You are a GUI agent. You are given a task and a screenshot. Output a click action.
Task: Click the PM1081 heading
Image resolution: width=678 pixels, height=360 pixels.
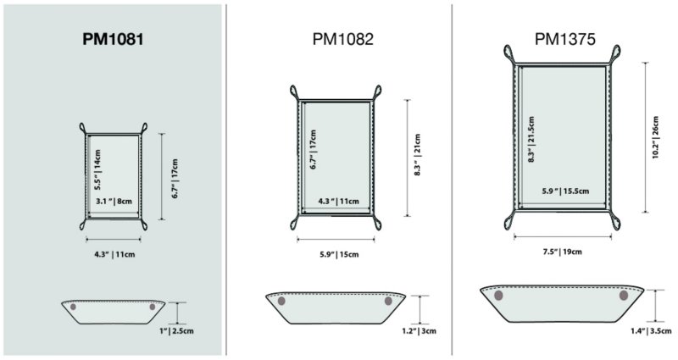coord(113,39)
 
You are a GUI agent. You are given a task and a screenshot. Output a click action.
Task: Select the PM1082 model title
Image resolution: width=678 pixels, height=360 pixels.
coord(343,39)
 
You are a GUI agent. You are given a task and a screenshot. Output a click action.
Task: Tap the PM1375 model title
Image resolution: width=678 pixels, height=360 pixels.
coord(565,39)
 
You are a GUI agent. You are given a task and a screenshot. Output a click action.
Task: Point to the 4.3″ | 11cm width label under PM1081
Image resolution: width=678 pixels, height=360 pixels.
coord(114,255)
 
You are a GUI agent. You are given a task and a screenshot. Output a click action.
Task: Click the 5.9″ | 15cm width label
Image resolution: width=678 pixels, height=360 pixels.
coord(339,255)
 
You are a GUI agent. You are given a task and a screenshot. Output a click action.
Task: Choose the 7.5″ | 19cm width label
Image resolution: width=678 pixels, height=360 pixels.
coord(563,252)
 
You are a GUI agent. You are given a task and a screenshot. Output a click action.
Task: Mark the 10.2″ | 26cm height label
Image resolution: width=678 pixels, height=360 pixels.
coord(655,137)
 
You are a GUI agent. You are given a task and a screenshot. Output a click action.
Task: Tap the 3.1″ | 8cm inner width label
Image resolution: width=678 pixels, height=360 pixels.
coord(114,201)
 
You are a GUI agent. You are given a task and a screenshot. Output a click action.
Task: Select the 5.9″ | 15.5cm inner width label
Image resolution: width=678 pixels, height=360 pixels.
coord(565,191)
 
